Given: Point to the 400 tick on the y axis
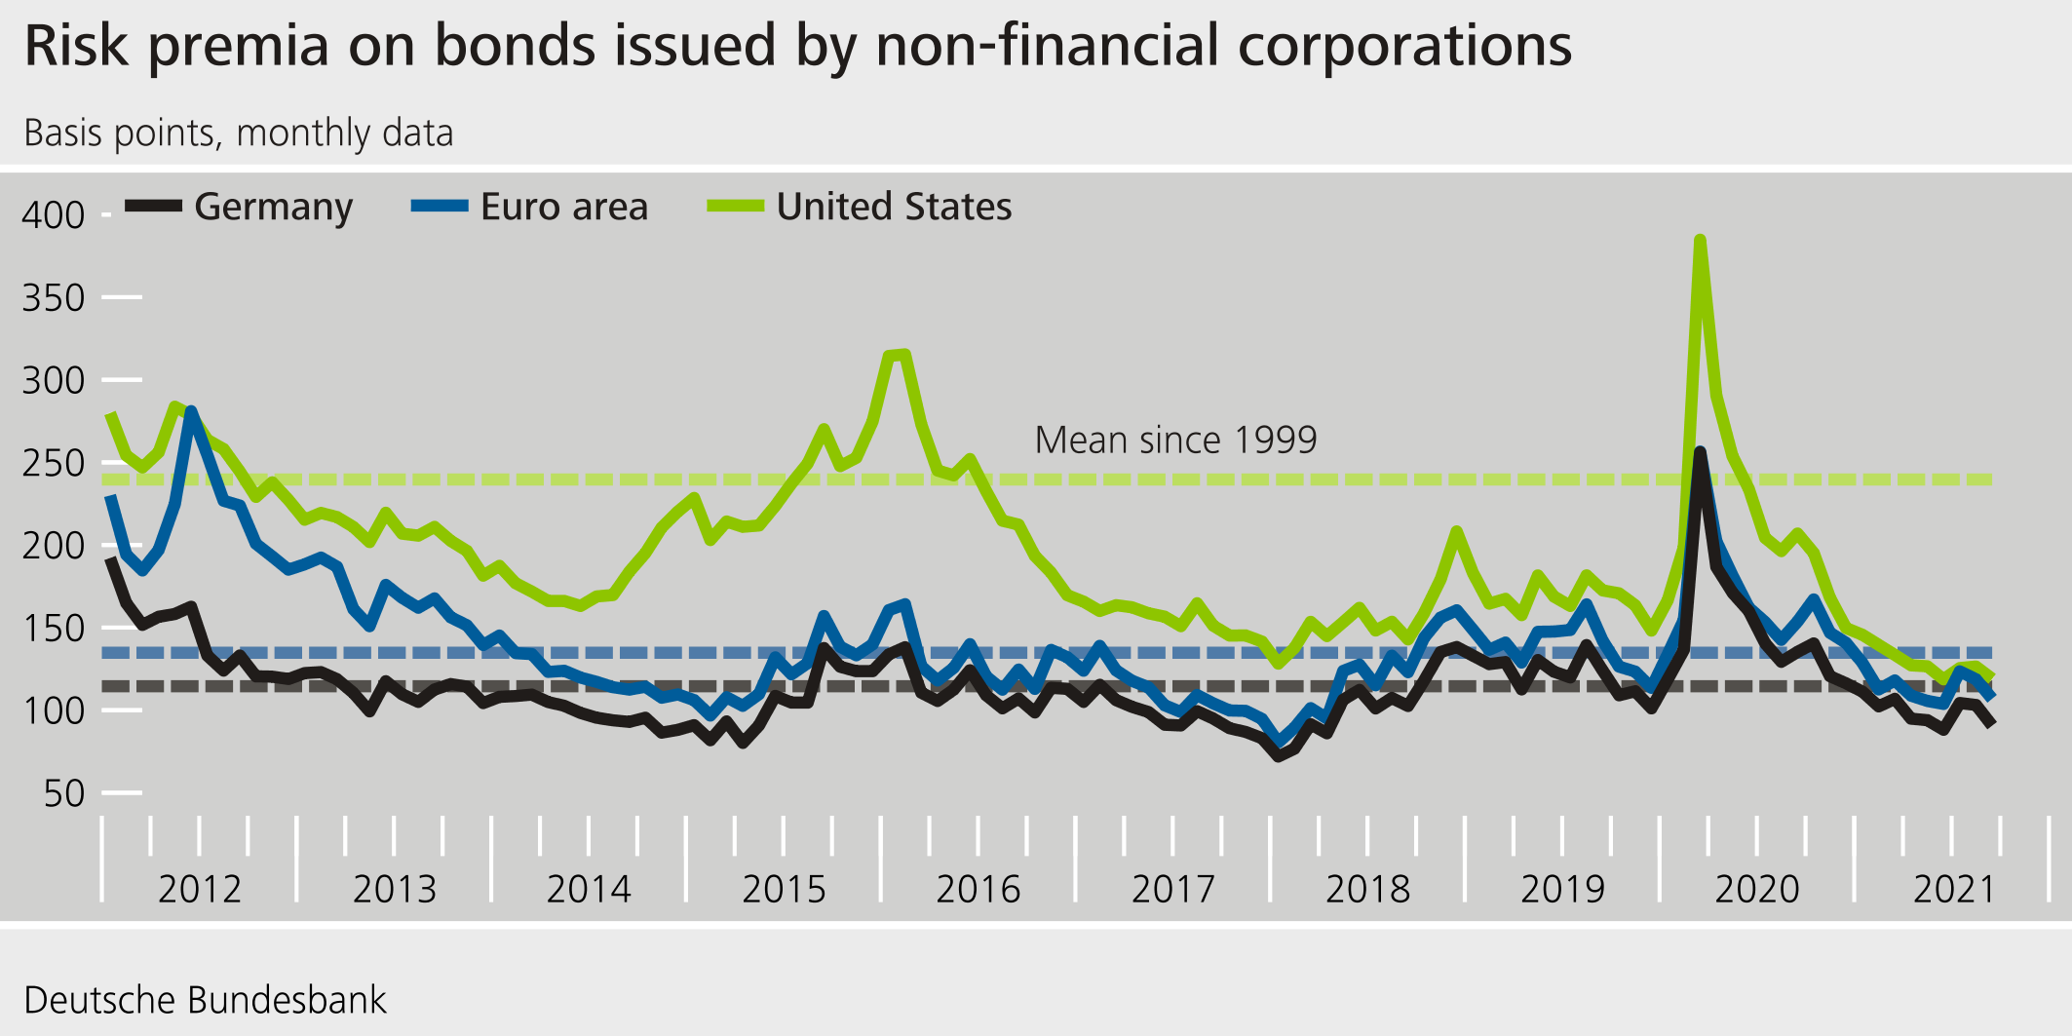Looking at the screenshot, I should [54, 215].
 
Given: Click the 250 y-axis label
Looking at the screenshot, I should [54, 463].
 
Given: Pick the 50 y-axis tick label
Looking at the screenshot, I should [64, 793].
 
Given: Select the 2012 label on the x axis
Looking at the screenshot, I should [199, 889].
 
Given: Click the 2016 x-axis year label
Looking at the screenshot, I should [978, 889].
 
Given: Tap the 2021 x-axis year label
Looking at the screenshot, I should [1954, 889].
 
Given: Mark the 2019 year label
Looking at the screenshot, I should [1562, 889].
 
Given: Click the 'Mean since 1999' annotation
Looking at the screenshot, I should [1175, 441].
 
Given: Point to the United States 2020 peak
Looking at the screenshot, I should [1700, 240].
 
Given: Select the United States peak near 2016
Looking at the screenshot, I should [904, 355].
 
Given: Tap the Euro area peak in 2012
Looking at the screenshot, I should [191, 411].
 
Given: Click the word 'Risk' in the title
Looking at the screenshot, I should [76, 47].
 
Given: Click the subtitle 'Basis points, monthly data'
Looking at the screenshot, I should [239, 134].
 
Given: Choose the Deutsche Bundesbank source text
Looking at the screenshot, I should [205, 1001].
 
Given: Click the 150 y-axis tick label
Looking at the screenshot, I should [54, 629].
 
